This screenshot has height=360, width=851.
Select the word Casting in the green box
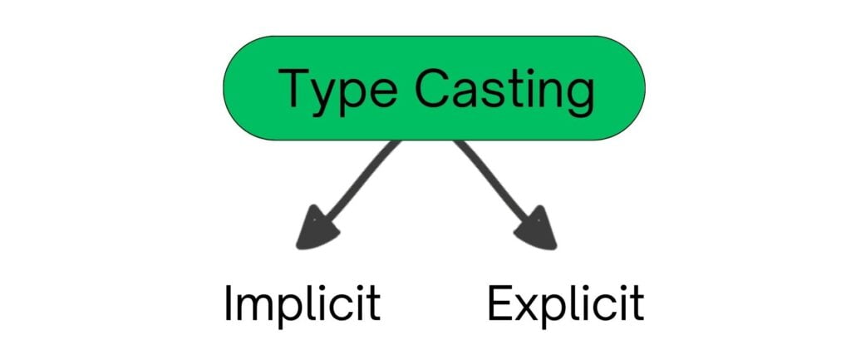click(504, 91)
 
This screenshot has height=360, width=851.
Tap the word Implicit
click(303, 305)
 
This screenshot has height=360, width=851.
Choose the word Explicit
click(565, 305)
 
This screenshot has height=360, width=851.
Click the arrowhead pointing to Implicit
click(317, 229)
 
